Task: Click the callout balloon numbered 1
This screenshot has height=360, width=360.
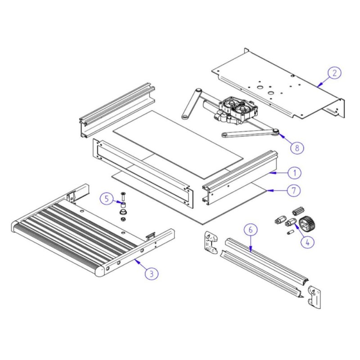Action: click(294, 173)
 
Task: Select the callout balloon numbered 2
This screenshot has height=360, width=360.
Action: click(334, 72)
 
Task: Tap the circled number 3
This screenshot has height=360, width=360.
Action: click(152, 273)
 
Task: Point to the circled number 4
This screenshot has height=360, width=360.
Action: click(307, 242)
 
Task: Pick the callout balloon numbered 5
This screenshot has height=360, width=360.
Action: click(106, 198)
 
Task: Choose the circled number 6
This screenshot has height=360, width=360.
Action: click(251, 229)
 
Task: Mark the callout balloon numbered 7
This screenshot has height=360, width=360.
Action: click(294, 190)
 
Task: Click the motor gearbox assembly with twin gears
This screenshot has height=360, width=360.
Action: click(235, 111)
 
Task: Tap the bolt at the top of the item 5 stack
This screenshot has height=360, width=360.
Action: click(122, 197)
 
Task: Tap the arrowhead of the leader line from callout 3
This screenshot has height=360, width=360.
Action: click(135, 260)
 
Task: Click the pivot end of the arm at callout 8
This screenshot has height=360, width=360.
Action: click(275, 131)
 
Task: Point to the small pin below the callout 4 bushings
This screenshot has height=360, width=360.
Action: click(290, 233)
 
